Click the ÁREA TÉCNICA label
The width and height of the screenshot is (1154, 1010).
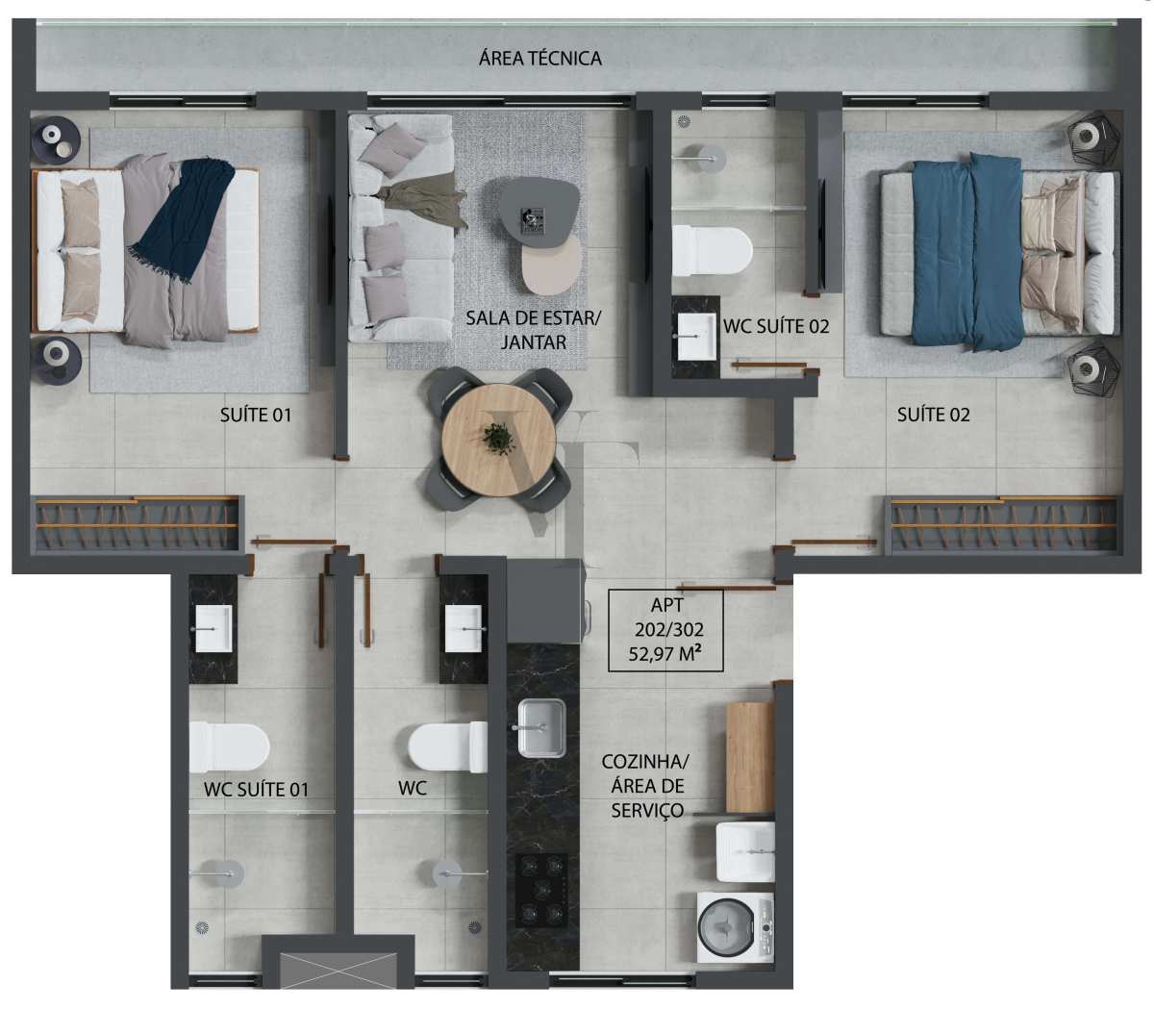point(539,58)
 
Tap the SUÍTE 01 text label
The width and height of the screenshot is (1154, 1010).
point(256,416)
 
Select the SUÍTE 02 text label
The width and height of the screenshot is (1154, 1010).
point(934,416)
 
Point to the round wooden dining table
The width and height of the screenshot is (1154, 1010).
point(499,440)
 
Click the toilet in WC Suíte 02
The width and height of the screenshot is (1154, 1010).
point(712,250)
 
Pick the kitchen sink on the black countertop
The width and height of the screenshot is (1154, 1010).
point(541,727)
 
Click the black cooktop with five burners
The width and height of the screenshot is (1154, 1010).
point(541,891)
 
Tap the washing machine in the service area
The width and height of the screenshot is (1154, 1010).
point(736,927)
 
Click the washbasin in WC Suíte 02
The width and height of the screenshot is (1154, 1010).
point(696,337)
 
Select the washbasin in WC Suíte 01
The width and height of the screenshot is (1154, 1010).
point(213,628)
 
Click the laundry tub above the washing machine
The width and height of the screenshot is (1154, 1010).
point(745,851)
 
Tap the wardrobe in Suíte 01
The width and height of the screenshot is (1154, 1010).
point(137,523)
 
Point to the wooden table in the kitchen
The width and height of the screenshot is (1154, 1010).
point(749,757)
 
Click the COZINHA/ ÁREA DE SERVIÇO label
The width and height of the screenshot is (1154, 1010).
point(646,786)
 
